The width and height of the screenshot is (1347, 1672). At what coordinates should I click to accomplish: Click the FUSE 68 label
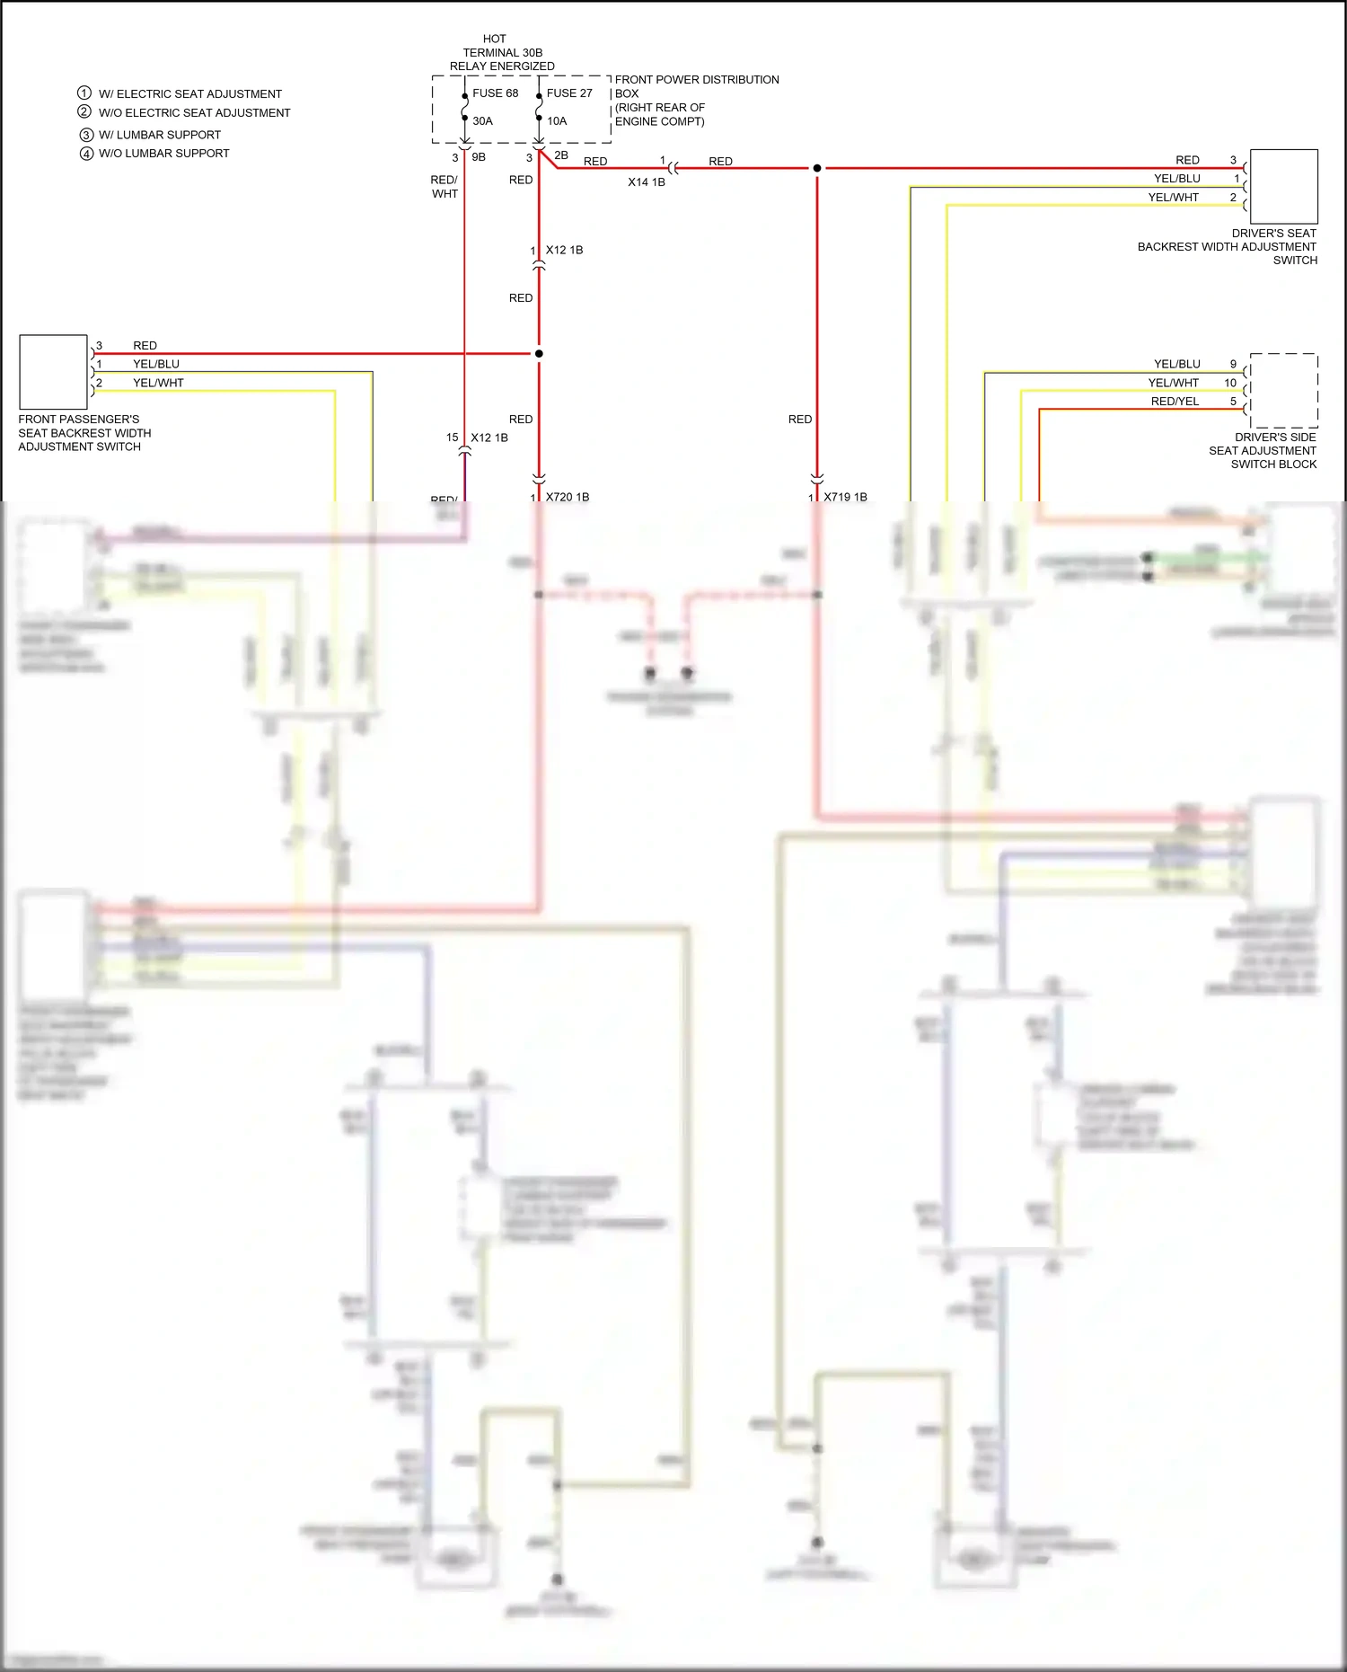pyautogui.click(x=495, y=93)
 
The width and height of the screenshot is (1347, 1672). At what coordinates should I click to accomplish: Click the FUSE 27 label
pyautogui.click(x=569, y=93)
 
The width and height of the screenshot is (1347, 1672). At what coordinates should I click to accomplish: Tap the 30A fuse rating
pyautogui.click(x=482, y=121)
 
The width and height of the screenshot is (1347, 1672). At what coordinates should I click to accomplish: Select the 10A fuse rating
pyautogui.click(x=557, y=121)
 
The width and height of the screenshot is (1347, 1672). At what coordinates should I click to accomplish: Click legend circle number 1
pyautogui.click(x=84, y=93)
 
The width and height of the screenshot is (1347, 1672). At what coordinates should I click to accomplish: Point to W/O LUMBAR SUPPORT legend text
pyautogui.click(x=163, y=154)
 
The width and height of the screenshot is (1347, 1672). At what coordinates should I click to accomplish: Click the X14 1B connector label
pyautogui.click(x=646, y=182)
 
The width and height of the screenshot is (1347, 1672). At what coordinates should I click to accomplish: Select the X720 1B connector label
pyautogui.click(x=568, y=497)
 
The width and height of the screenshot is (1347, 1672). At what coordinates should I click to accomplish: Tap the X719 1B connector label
pyautogui.click(x=845, y=497)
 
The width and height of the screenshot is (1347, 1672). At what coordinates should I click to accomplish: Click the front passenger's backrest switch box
pyautogui.click(x=53, y=372)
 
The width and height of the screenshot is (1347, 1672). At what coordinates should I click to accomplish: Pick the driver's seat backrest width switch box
pyautogui.click(x=1283, y=187)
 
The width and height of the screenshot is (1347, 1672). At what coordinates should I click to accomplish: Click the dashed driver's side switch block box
pyautogui.click(x=1283, y=391)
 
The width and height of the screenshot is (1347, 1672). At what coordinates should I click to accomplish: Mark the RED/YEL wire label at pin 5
pyautogui.click(x=1175, y=402)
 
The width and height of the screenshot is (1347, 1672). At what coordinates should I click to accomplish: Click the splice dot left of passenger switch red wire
pyautogui.click(x=539, y=354)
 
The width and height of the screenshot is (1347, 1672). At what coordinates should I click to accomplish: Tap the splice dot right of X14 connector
pyautogui.click(x=817, y=168)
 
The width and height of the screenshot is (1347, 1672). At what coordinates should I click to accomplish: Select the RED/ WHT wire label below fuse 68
pyautogui.click(x=445, y=187)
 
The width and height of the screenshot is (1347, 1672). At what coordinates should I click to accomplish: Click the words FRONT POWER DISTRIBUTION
pyautogui.click(x=696, y=80)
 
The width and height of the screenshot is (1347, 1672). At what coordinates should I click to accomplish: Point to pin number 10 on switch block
pyautogui.click(x=1230, y=383)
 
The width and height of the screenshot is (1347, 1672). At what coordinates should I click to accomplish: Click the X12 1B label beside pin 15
pyautogui.click(x=489, y=438)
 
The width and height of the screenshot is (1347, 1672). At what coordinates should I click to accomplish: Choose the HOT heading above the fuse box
pyautogui.click(x=494, y=39)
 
